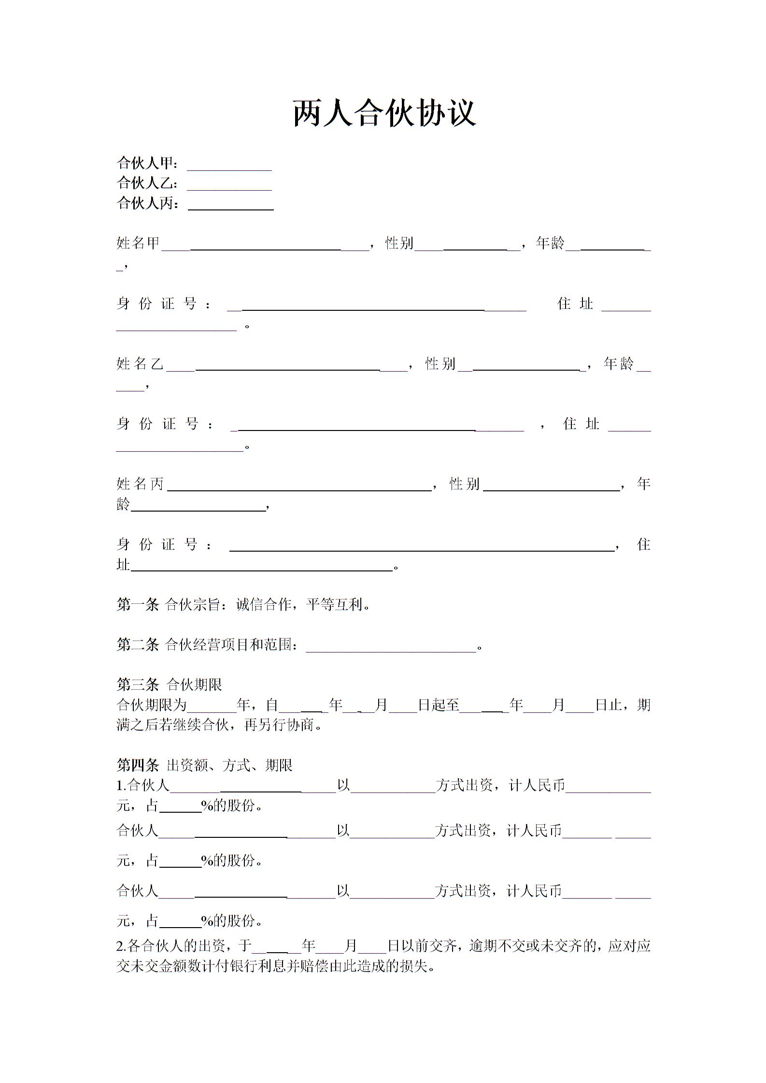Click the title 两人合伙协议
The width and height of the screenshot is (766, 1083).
coord(384,114)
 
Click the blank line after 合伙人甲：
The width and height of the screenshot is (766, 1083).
coord(229,165)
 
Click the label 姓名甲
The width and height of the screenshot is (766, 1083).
coord(138,243)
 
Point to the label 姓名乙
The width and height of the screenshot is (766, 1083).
coord(140,363)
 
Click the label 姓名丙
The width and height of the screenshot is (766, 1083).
coord(140,484)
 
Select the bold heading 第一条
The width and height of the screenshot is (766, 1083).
coord(138,604)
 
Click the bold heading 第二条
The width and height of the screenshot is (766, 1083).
coord(138,644)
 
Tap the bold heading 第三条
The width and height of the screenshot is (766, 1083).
coord(138,684)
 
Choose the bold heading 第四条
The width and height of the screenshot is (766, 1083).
coord(138,765)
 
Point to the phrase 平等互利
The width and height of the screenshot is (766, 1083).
coord(334,604)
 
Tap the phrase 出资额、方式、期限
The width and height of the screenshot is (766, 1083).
coord(229,765)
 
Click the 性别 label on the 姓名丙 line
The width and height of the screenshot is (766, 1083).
coord(464,484)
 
